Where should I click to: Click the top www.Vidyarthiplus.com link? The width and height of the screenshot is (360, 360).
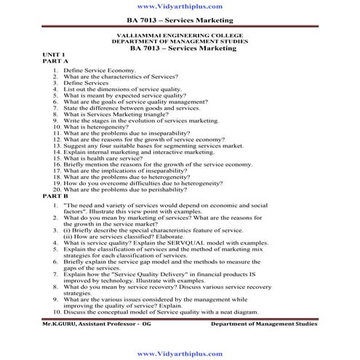point(180,7)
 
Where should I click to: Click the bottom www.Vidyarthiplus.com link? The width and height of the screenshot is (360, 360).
point(180,353)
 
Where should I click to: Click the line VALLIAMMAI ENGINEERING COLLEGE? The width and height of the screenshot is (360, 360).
point(180,35)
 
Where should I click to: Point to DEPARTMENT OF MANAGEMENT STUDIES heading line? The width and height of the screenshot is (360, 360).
point(180,41)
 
